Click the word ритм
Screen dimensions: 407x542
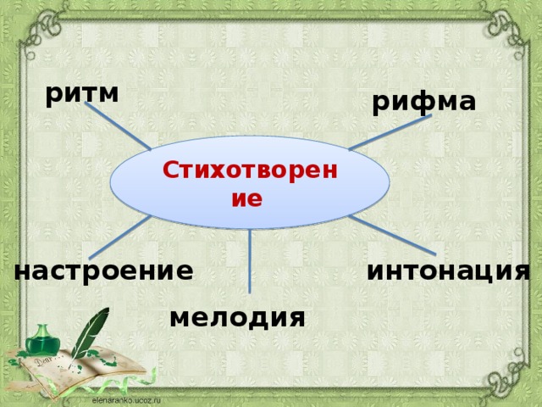(x=81, y=93)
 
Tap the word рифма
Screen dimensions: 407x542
(x=423, y=102)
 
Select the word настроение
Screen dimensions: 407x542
(x=103, y=270)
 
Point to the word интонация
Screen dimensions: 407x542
(x=449, y=270)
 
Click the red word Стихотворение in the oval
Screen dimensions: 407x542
(x=250, y=183)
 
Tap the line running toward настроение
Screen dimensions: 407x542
(x=119, y=237)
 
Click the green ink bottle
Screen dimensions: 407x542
(x=39, y=343)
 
